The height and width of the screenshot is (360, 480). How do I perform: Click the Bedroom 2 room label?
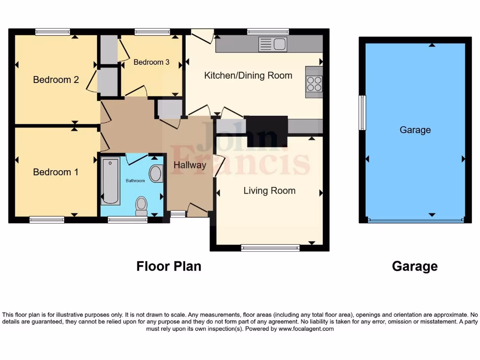click(56, 80)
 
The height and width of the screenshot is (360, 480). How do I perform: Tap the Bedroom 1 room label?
click(56, 172)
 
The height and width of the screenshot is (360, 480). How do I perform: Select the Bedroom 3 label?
click(151, 62)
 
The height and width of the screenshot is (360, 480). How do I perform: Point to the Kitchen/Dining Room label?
click(248, 75)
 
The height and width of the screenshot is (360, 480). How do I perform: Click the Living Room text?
click(269, 190)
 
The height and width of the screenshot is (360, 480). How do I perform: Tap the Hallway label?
click(190, 165)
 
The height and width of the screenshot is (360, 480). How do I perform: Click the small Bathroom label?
click(135, 180)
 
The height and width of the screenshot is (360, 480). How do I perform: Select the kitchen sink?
click(272, 44)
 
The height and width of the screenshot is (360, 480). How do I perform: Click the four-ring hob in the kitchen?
click(314, 84)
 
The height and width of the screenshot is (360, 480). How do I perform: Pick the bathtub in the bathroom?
click(111, 181)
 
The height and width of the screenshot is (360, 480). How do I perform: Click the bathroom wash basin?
click(156, 173)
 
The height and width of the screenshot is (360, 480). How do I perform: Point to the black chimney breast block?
click(267, 130)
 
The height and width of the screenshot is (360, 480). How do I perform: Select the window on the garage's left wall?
click(362, 112)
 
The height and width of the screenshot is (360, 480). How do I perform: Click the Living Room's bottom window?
click(270, 247)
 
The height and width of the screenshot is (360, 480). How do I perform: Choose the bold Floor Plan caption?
click(169, 266)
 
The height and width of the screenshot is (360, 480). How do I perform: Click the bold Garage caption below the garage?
click(414, 266)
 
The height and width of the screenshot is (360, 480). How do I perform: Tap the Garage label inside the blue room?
click(415, 130)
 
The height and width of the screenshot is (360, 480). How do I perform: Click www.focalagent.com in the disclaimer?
click(306, 329)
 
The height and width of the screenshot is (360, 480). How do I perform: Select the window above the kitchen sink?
click(268, 32)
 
